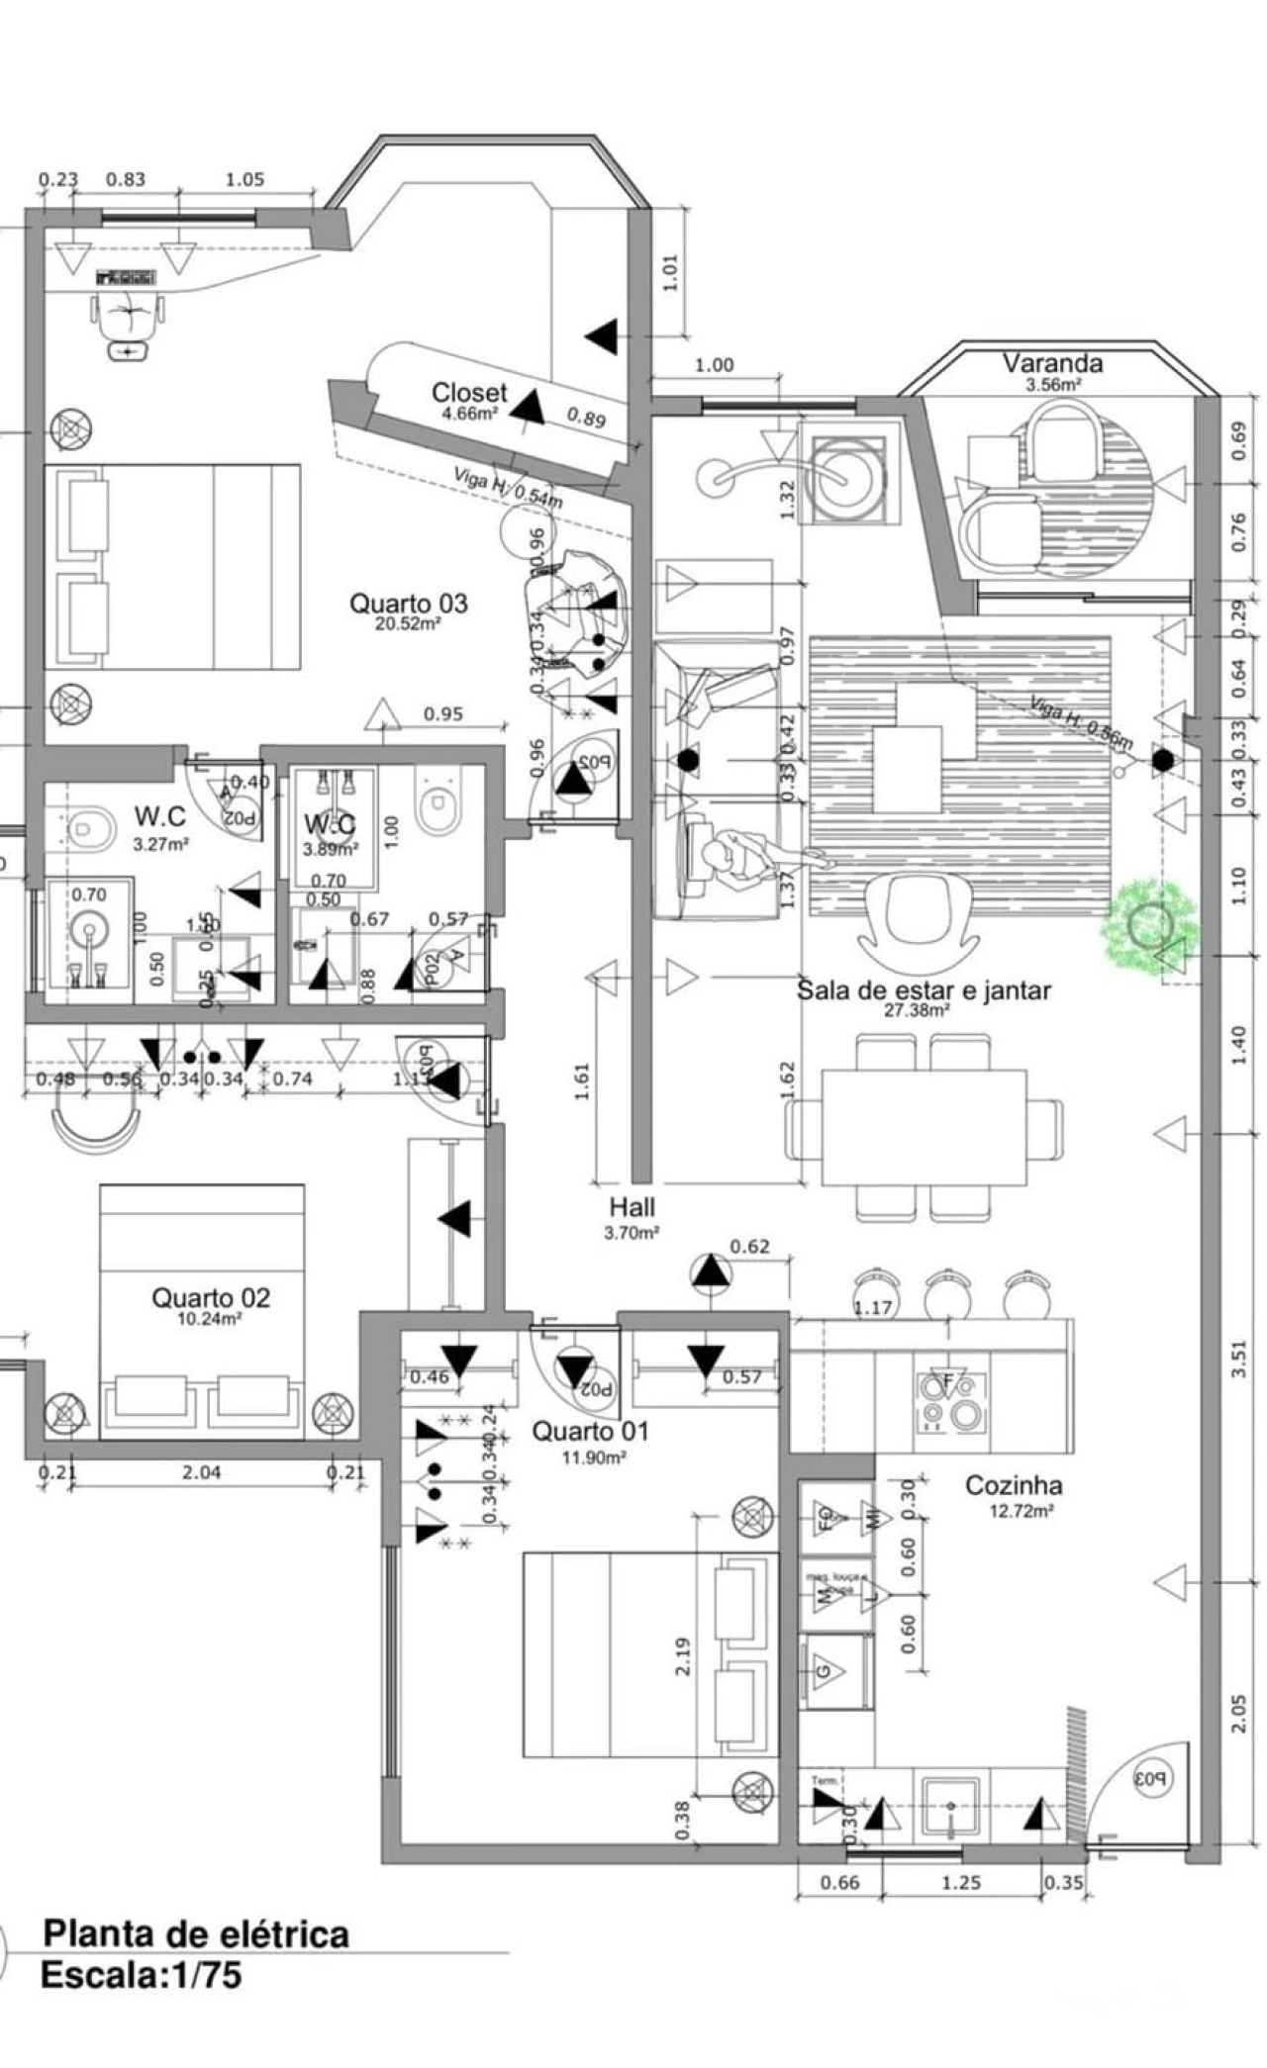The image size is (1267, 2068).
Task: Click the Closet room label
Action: coord(469,394)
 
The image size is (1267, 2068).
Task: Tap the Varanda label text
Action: coord(1052,363)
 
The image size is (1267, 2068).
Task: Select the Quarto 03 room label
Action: coord(408,604)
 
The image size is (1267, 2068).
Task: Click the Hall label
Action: coord(632,1207)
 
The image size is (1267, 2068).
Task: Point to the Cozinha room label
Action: coord(1014,1485)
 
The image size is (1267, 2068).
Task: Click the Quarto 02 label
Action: coord(210,1298)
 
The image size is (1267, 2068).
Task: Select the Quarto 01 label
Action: coord(590,1431)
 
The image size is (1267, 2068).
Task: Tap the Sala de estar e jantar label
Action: coord(924,989)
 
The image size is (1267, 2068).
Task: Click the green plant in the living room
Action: coord(1150,923)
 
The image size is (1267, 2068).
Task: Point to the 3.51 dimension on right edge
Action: coord(1239,1359)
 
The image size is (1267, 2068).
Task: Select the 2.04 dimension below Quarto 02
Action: coord(202,1472)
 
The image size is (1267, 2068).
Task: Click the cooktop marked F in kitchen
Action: coord(948,1405)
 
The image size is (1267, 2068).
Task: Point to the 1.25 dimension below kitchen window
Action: coord(960,1882)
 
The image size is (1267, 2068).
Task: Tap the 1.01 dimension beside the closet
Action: coord(670,272)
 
